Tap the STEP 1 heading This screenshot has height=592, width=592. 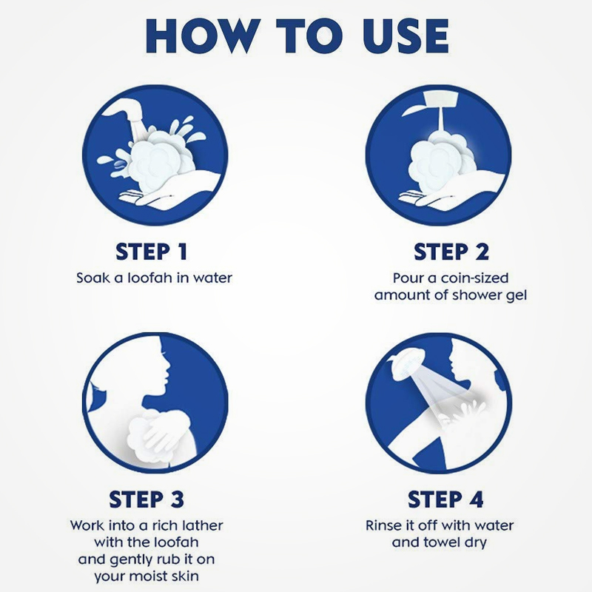point(152,252)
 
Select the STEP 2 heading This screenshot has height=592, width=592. point(451,252)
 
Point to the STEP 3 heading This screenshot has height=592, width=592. point(147,499)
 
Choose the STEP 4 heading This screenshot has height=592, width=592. point(445,499)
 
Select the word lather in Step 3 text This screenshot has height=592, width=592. point(202,525)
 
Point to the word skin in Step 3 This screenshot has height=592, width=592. point(185,576)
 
